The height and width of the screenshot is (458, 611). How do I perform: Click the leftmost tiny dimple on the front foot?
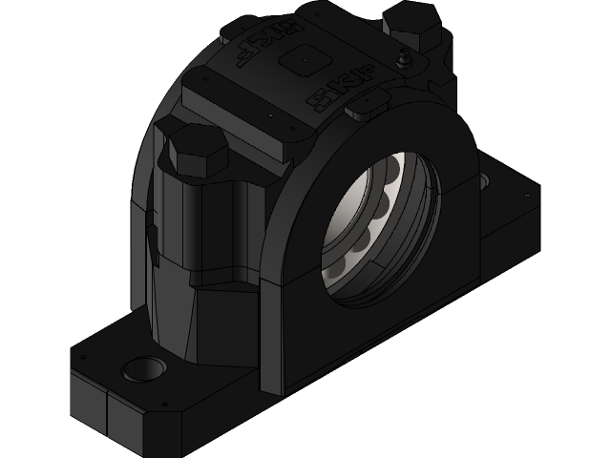[x=84, y=354]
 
